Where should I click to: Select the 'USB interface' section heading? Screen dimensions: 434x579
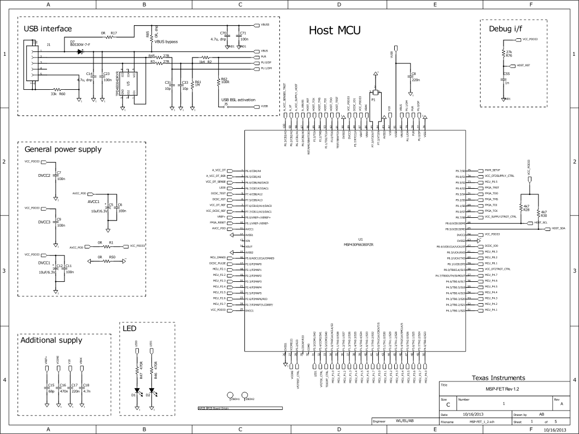48,28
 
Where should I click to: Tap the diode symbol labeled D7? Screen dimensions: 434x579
80,51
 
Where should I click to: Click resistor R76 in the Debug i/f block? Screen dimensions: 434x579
504,53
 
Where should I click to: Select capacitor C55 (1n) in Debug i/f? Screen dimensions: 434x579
504,78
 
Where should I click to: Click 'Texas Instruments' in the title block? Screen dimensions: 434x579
498,378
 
